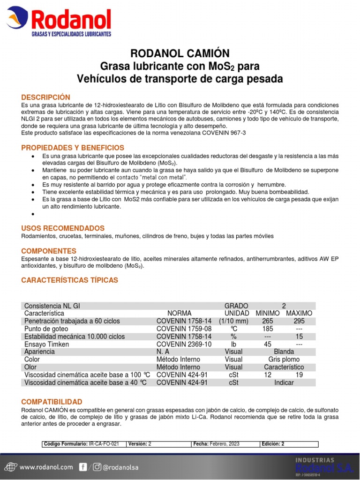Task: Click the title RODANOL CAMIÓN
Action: [180, 53]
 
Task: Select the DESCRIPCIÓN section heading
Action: [46, 97]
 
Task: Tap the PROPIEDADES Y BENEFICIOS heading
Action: [73, 148]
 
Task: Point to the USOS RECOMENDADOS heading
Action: [63, 228]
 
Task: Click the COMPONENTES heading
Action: [49, 251]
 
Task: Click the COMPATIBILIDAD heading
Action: [52, 402]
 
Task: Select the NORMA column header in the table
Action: [179, 313]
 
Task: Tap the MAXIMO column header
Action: [299, 313]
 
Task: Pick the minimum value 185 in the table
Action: [268, 329]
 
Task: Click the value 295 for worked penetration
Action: [299, 321]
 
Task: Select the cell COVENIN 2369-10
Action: [184, 344]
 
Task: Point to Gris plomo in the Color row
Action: [284, 360]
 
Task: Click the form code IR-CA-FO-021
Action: [104, 443]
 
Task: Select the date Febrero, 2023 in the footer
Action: [225, 443]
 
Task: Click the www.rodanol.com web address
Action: [46, 467]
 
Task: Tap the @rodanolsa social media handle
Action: [121, 467]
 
